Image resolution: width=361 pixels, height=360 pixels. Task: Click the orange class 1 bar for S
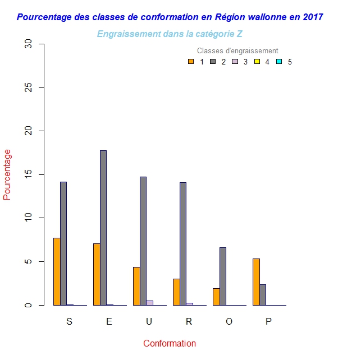(57, 271)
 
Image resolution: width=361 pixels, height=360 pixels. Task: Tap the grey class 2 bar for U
(143, 241)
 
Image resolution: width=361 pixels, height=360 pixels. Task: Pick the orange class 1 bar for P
(256, 281)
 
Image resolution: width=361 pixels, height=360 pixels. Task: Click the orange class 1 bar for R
(176, 292)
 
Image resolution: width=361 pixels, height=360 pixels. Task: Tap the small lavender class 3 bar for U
(150, 303)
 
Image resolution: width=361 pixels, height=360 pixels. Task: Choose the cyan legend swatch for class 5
(278, 62)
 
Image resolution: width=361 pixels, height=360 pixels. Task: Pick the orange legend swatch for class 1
(191, 62)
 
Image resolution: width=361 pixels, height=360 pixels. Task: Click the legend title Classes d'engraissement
(237, 51)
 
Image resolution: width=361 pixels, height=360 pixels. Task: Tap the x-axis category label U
(149, 322)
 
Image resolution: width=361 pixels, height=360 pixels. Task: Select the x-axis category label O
(229, 322)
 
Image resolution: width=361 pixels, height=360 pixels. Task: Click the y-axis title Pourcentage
(7, 174)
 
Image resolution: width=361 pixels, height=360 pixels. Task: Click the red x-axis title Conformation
(170, 343)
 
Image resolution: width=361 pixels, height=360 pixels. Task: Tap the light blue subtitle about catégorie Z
(170, 34)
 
